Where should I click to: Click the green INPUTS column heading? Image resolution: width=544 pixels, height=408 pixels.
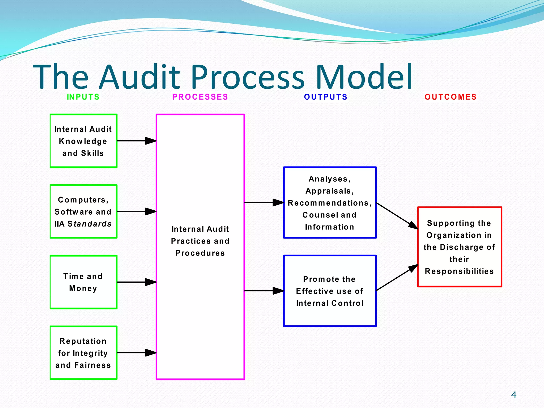(x=83, y=97)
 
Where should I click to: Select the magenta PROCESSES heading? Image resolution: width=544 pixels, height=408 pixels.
(x=200, y=97)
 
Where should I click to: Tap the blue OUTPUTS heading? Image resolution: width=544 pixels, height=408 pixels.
(x=326, y=97)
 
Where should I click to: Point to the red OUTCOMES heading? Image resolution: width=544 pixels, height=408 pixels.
(x=450, y=97)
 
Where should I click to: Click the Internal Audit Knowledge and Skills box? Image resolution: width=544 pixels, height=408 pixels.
(x=83, y=141)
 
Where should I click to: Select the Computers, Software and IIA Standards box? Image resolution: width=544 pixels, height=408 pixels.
(x=83, y=212)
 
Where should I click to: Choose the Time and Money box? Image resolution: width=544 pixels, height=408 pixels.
(x=83, y=282)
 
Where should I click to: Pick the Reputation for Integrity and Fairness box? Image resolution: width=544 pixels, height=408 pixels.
(x=83, y=353)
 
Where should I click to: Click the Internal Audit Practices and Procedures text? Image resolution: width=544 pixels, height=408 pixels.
(x=200, y=241)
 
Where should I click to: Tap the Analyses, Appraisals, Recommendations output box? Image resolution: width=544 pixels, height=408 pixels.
(x=330, y=203)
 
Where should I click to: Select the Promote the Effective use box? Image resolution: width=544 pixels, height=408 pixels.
(x=330, y=291)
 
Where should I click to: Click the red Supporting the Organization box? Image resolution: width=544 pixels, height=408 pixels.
(x=459, y=247)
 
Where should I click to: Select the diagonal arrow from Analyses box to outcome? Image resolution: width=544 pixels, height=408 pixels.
(x=397, y=216)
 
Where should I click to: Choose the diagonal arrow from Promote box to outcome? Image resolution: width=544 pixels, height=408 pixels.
(x=397, y=278)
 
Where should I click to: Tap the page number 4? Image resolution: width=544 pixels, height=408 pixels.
(x=514, y=395)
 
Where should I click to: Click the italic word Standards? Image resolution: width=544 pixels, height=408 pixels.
(x=90, y=224)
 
